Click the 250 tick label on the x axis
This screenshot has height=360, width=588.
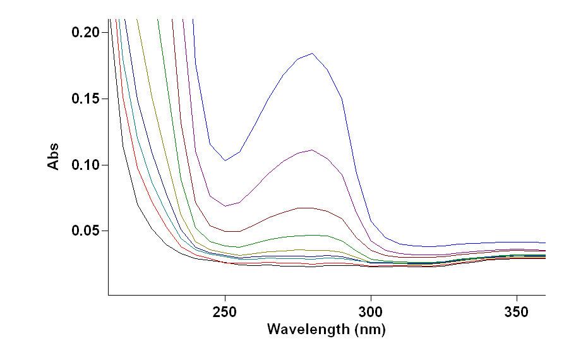coord(225,312)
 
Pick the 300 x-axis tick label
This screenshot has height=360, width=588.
coord(371,312)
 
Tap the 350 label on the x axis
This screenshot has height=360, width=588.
coord(517,312)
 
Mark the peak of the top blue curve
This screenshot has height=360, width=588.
coord(312,53)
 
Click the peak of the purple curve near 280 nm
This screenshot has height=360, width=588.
coord(312,150)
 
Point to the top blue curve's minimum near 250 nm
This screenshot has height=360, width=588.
coord(225,160)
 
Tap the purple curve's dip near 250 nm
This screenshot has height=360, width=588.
coord(225,206)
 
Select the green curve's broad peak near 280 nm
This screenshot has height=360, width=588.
coord(311,235)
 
